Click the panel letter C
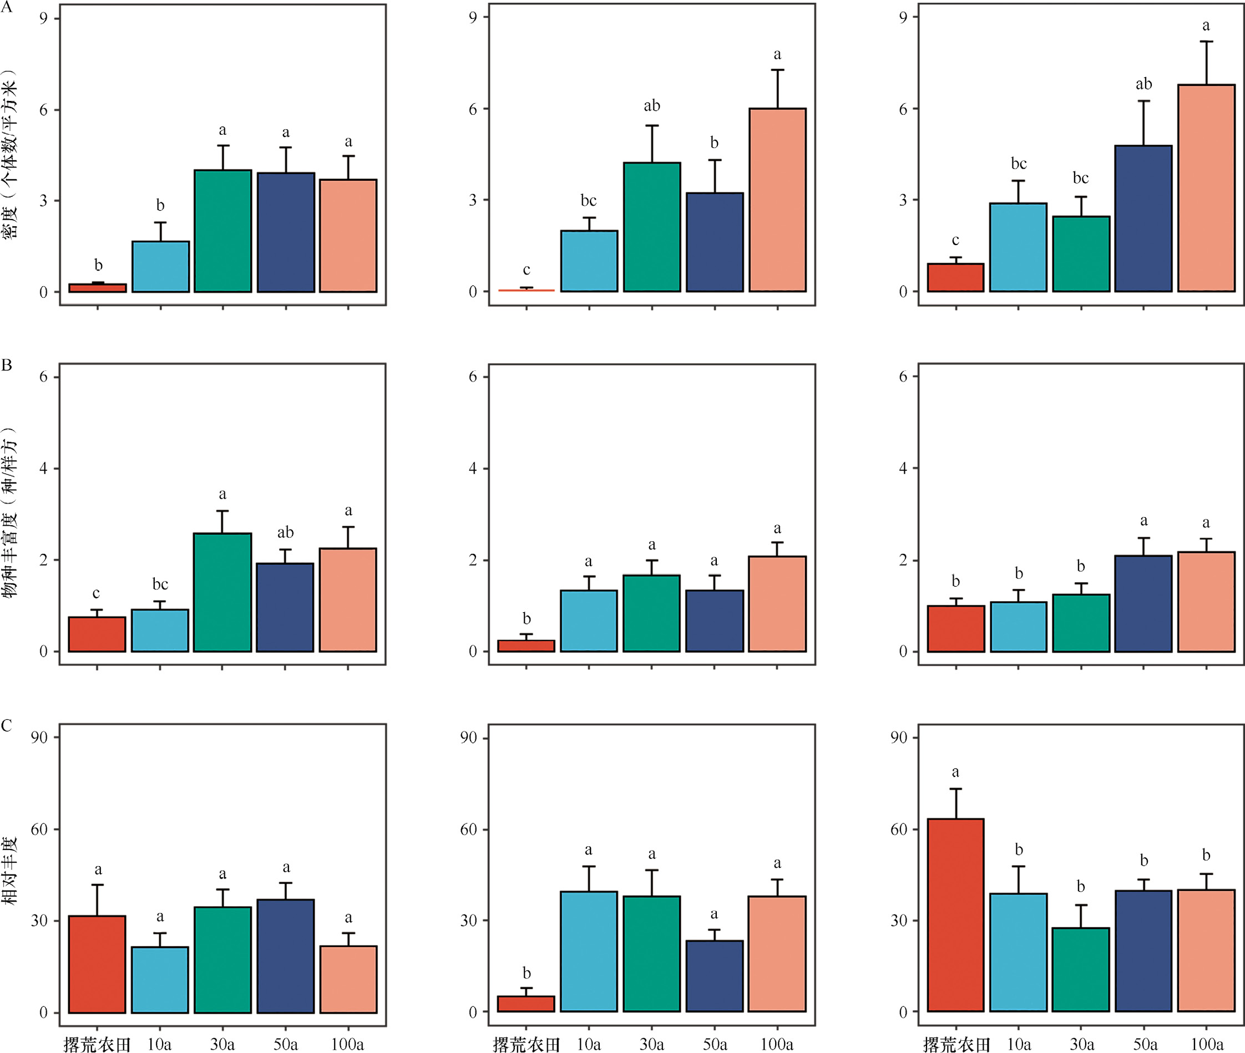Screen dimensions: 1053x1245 [7, 725]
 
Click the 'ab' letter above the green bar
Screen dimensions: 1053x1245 [651, 106]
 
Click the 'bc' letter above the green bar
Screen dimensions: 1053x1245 [1080, 178]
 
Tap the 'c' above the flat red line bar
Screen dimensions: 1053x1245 [526, 270]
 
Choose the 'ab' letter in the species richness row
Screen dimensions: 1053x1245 [285, 532]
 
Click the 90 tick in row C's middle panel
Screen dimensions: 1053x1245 [469, 738]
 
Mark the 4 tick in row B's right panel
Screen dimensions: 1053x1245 [903, 469]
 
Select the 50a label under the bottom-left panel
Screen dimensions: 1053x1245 [285, 1044]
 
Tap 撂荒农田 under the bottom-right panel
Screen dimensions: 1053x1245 [956, 1044]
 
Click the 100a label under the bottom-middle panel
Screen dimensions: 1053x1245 [776, 1044]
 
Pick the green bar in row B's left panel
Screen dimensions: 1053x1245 [222, 592]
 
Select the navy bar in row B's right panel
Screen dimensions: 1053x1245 [1143, 603]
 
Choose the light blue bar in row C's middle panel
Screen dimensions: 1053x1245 [589, 952]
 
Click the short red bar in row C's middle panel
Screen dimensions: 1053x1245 [526, 1004]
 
